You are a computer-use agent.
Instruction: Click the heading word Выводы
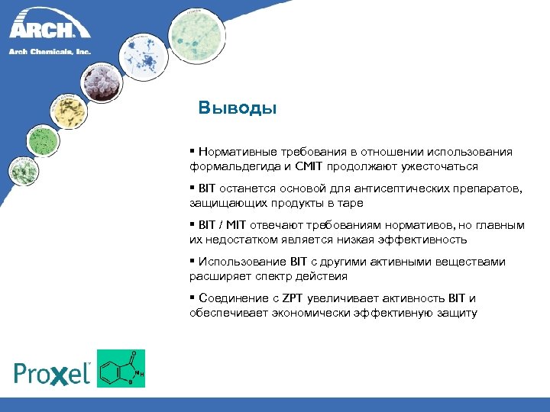[237, 108]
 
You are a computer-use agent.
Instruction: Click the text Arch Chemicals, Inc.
[50, 52]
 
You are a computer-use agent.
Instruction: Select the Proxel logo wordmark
[53, 372]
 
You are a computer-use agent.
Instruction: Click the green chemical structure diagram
[121, 368]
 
